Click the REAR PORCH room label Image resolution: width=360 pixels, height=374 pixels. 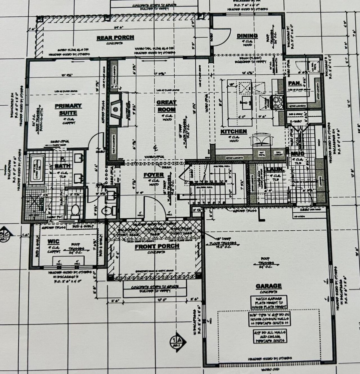click(115, 38)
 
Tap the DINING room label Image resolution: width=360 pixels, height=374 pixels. click(247, 36)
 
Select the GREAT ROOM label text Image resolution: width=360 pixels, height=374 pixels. click(166, 106)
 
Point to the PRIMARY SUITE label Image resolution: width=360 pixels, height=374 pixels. click(68, 109)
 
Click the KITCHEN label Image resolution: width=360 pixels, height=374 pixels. click(234, 132)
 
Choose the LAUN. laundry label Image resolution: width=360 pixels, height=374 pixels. click(274, 170)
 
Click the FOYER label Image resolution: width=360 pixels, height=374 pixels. click(154, 175)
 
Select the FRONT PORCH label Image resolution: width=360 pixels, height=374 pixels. click(157, 246)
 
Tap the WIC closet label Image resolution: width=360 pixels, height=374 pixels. click(53, 241)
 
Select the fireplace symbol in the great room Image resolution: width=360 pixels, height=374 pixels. click(115, 109)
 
